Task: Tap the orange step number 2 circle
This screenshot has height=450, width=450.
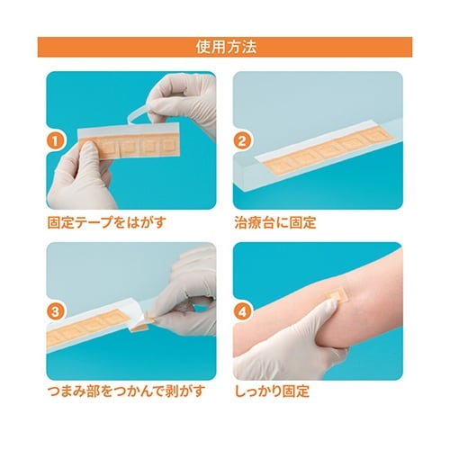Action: [242, 140]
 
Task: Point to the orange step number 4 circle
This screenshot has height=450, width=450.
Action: [242, 311]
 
